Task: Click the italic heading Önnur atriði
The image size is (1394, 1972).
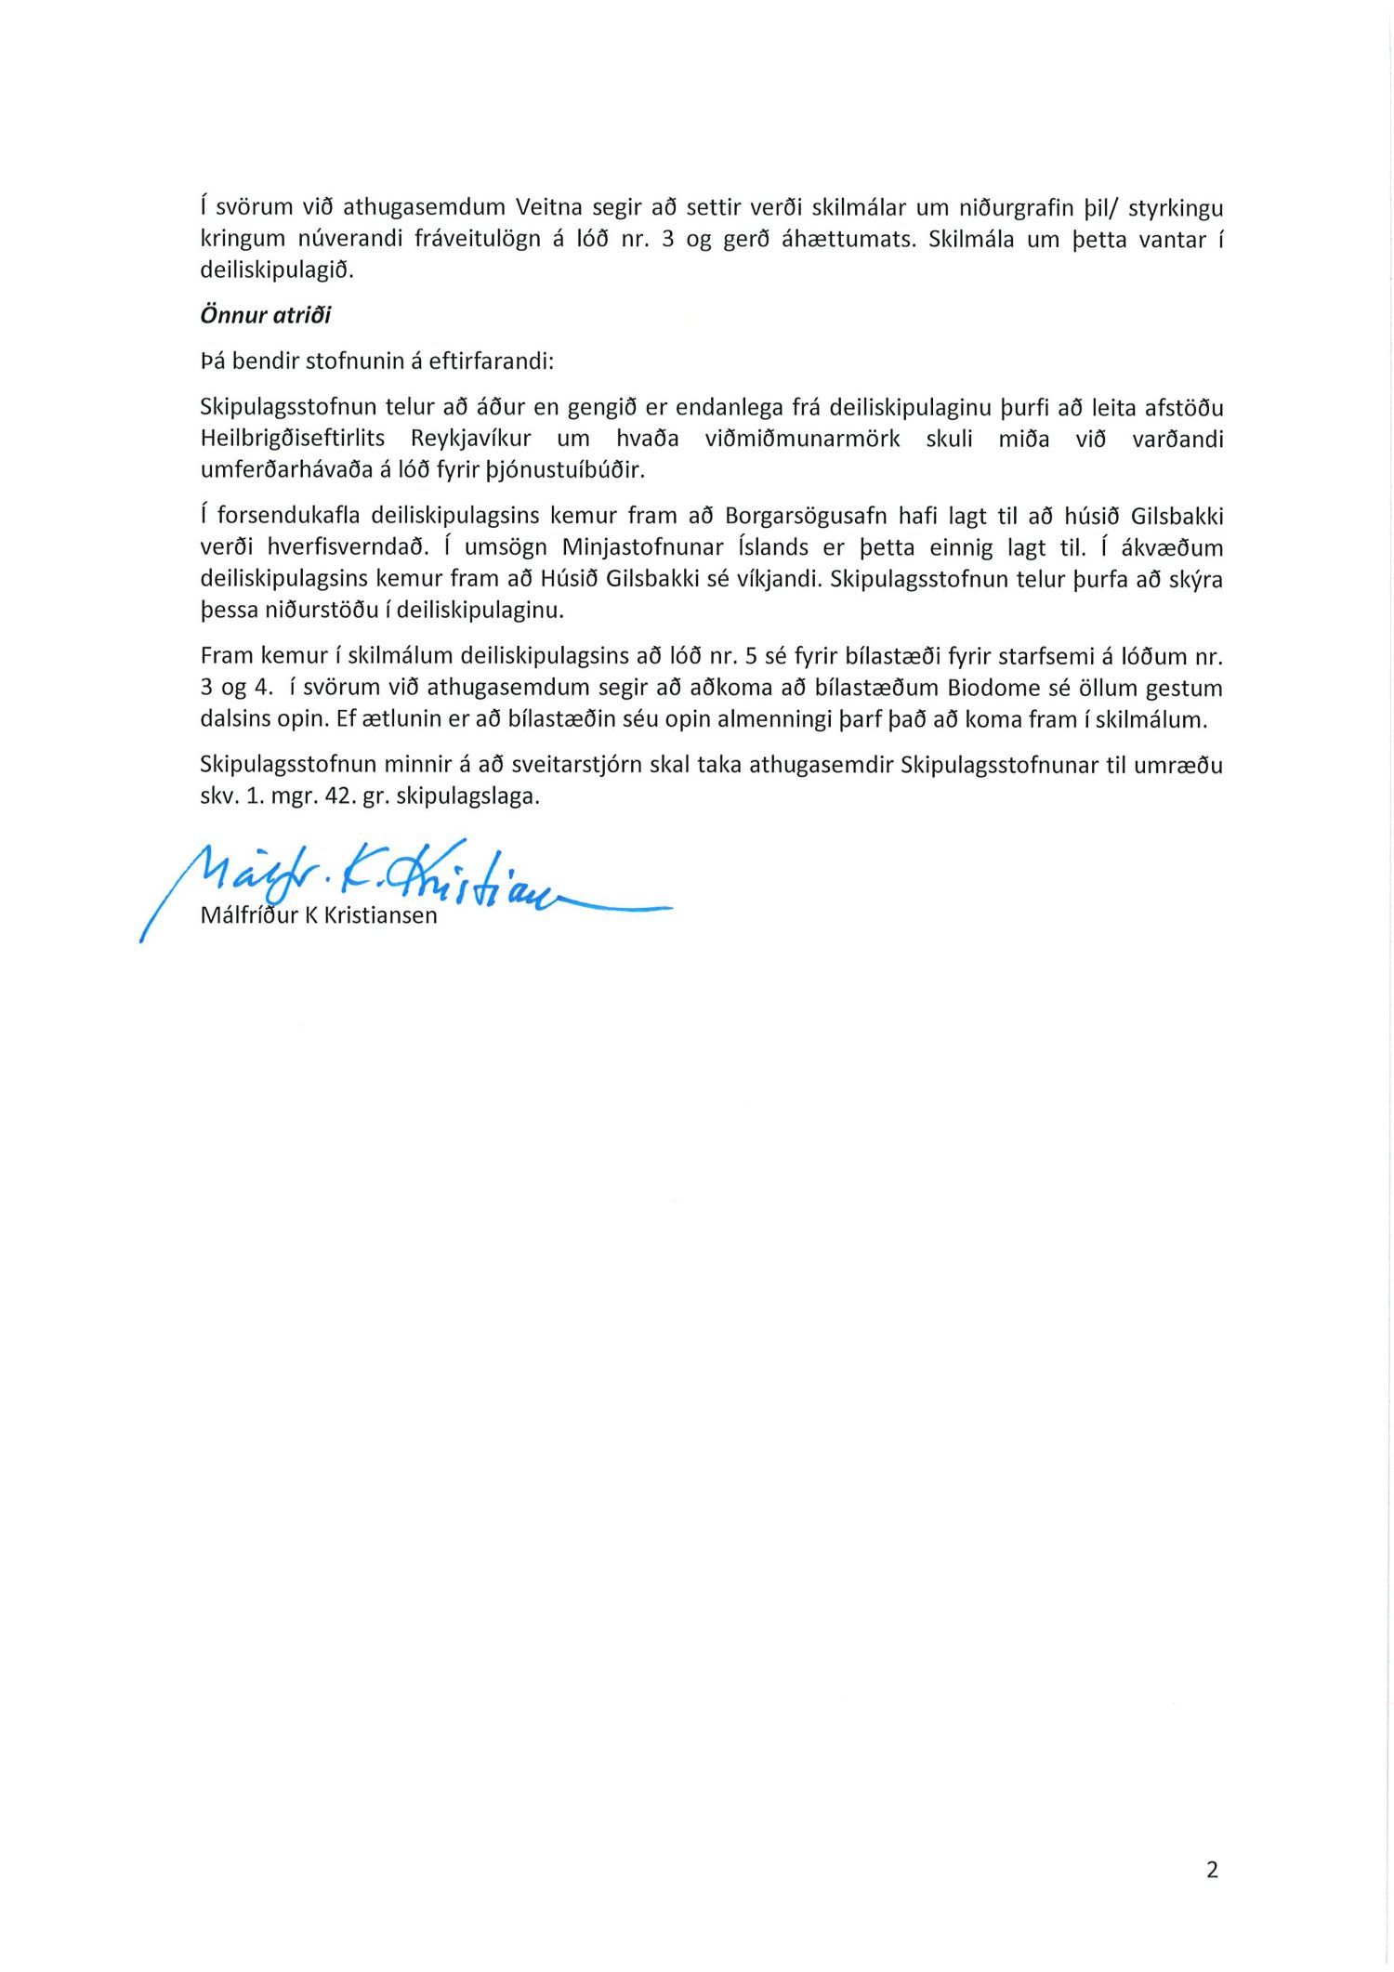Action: (266, 315)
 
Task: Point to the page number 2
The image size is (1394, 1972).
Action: (1211, 1870)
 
